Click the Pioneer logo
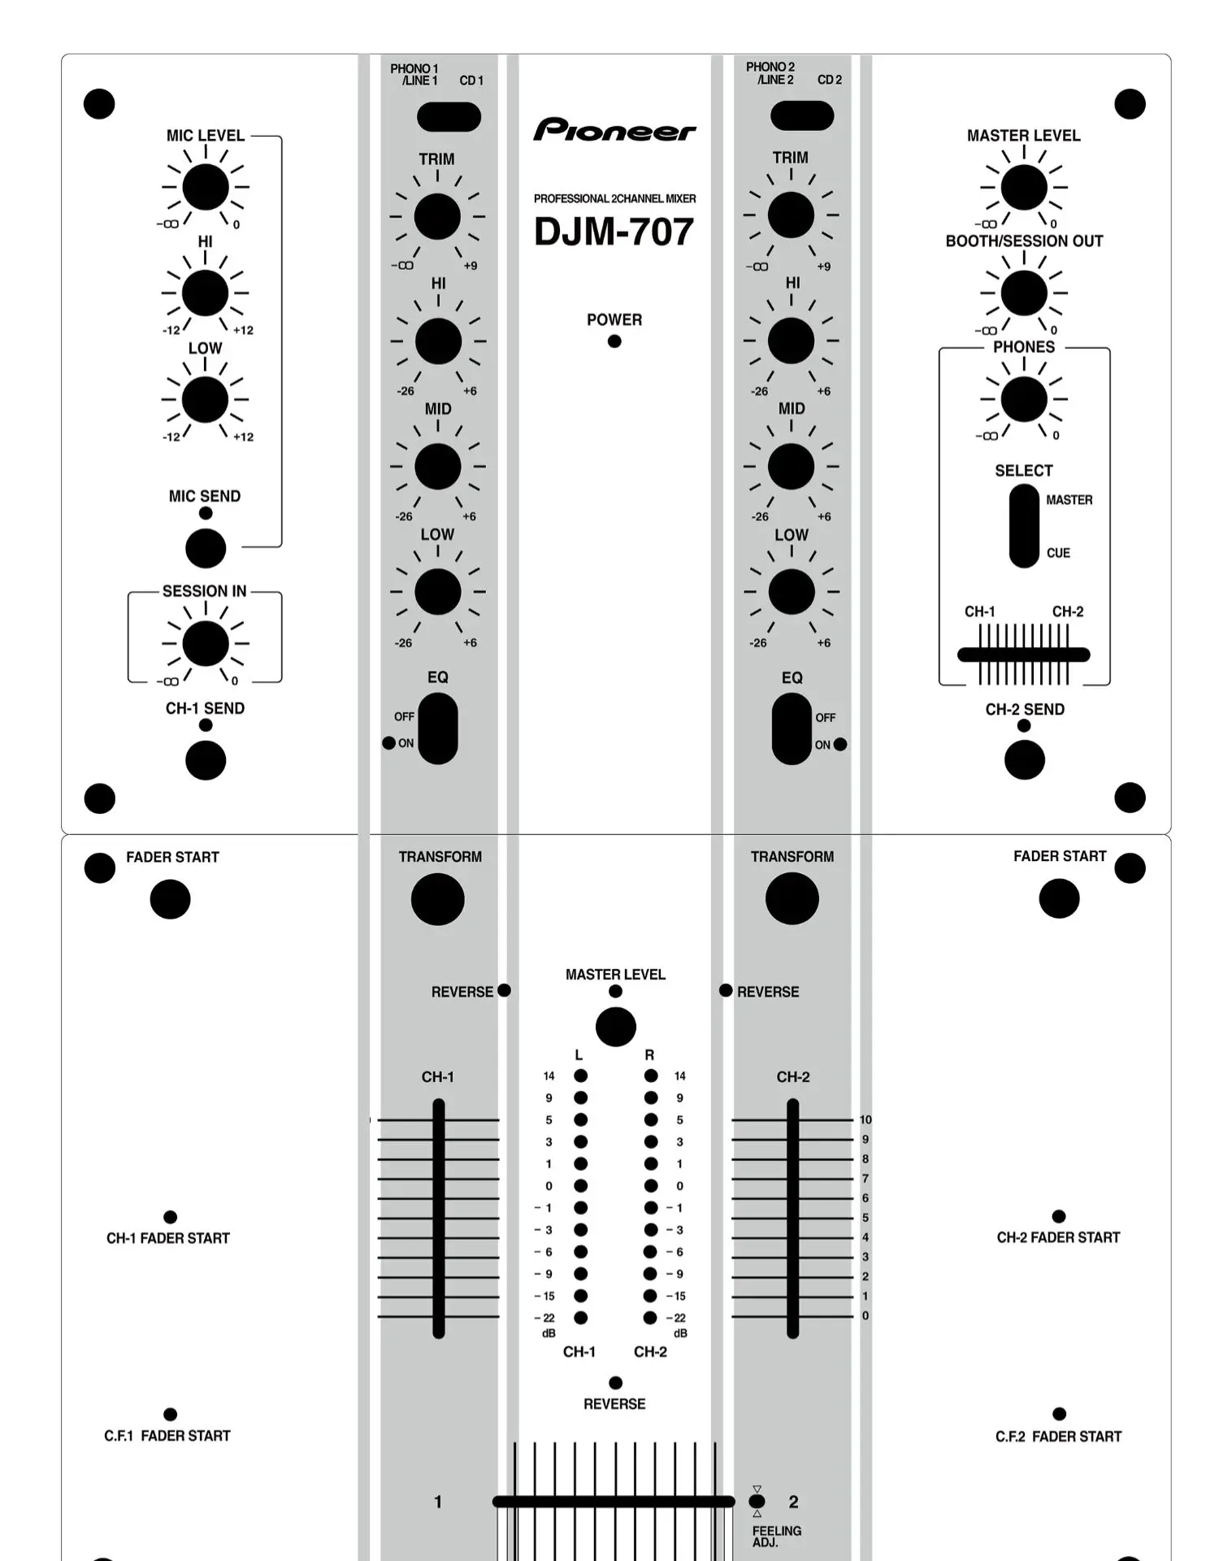point(614,130)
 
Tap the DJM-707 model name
point(614,232)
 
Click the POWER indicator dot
point(614,341)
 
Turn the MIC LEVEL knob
point(206,187)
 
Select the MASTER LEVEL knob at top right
point(1024,187)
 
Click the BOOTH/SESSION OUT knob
point(1024,293)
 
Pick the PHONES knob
point(1024,398)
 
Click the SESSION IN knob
point(206,643)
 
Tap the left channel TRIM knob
point(437,217)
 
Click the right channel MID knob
point(791,466)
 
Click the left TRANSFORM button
point(438,898)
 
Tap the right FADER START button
point(1059,898)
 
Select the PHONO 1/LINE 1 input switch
point(449,116)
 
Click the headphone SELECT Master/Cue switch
point(1024,526)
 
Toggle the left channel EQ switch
point(438,728)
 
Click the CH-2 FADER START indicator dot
point(1059,1216)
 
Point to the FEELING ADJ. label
point(776,1536)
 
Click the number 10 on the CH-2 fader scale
point(865,1120)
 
